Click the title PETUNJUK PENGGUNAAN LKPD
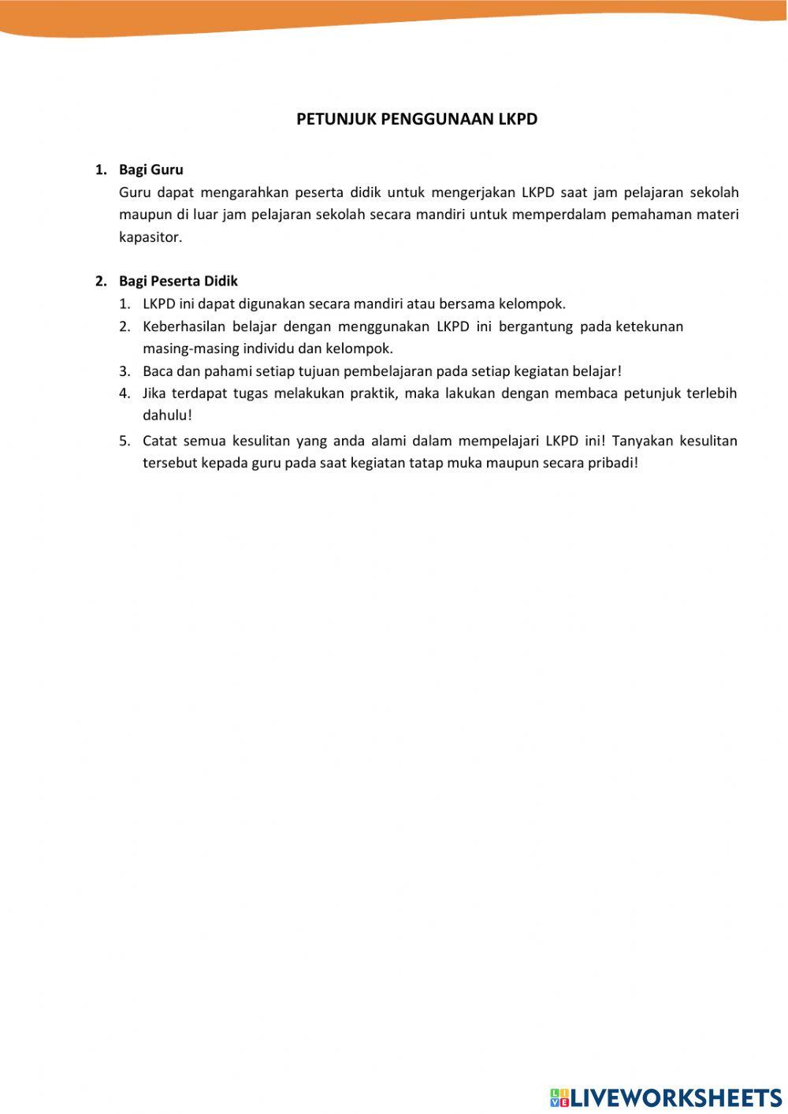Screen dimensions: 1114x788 417,119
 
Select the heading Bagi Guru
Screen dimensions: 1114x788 151,170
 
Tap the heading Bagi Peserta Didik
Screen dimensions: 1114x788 178,281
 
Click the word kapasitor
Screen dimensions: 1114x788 150,237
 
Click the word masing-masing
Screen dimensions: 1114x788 180,348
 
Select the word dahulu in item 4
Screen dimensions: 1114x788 165,415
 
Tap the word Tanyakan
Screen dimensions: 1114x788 641,441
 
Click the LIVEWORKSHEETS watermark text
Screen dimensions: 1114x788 676,1097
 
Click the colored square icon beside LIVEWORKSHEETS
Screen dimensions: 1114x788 559,1097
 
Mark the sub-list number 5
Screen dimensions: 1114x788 125,441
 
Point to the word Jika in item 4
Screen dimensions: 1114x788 154,393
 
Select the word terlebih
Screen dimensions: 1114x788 712,393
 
